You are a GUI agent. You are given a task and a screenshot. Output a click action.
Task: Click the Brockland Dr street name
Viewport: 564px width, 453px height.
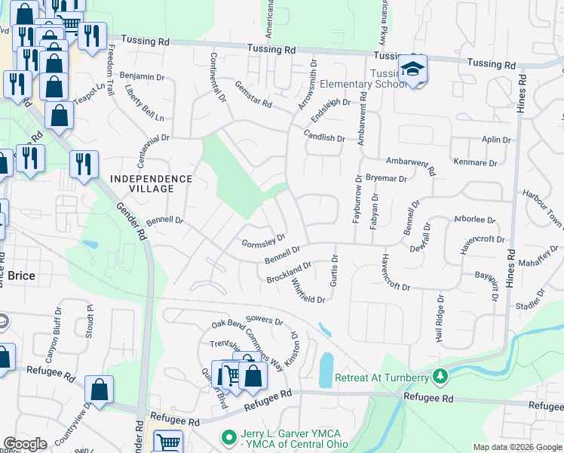click(289, 273)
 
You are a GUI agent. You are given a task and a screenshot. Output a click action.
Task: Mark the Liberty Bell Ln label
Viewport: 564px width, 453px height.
click(144, 109)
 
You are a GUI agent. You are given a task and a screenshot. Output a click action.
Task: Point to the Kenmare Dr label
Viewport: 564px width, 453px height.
click(476, 162)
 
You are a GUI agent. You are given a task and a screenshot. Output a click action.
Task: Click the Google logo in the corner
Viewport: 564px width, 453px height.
click(25, 444)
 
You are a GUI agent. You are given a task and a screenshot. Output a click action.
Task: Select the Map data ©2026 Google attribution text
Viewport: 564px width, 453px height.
click(517, 447)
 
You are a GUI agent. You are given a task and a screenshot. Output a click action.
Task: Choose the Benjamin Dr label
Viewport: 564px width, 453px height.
click(142, 77)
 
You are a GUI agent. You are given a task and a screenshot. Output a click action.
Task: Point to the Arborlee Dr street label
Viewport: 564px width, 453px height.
click(474, 220)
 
